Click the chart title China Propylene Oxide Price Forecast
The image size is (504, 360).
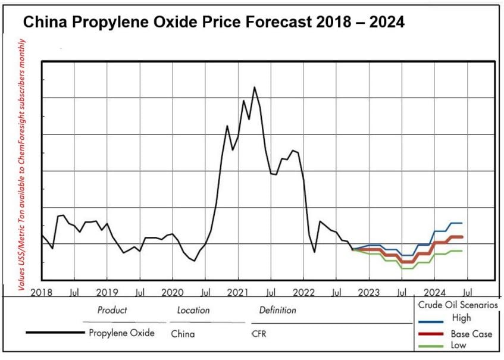(x=213, y=23)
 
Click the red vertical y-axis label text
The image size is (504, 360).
(x=21, y=165)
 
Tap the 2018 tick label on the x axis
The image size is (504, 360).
(x=41, y=292)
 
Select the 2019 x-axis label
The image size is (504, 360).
(x=107, y=292)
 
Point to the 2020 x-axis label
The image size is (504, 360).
(x=173, y=292)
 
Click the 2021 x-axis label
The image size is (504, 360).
(x=238, y=292)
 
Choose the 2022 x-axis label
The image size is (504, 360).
(x=303, y=292)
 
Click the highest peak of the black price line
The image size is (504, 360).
(x=255, y=87)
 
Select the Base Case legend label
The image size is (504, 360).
(x=471, y=334)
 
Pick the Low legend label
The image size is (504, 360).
(x=459, y=345)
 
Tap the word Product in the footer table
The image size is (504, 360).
(x=112, y=310)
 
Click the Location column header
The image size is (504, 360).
(x=193, y=310)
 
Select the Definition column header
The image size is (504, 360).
(x=277, y=310)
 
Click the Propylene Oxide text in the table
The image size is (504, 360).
(x=121, y=333)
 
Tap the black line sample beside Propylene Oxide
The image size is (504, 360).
(x=55, y=333)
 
